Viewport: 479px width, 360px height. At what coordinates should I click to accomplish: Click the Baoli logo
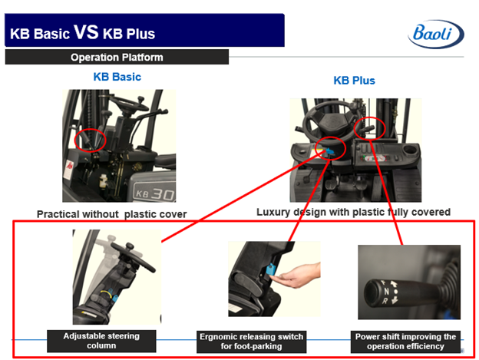click(x=436, y=34)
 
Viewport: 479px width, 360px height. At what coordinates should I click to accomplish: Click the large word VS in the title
click(x=86, y=31)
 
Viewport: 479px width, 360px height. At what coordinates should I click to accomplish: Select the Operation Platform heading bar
click(x=117, y=57)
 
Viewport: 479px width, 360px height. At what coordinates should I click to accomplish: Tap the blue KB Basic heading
click(x=117, y=77)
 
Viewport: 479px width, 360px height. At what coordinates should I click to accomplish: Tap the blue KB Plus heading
click(x=354, y=81)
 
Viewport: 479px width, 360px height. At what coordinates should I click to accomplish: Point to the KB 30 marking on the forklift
click(x=155, y=193)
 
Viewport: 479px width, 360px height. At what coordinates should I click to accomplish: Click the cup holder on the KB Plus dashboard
click(x=410, y=150)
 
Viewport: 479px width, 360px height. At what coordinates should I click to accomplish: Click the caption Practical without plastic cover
click(x=112, y=214)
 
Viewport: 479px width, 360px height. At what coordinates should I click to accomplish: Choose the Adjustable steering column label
click(x=101, y=341)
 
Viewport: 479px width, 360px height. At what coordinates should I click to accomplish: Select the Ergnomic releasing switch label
click(x=251, y=342)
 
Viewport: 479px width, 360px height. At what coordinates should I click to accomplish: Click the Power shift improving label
click(x=405, y=342)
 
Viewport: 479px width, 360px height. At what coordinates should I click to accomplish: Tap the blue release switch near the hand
click(x=271, y=269)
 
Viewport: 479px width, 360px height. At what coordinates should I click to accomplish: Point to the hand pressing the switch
click(x=296, y=276)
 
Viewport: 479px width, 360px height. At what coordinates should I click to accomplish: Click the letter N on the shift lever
click(x=386, y=291)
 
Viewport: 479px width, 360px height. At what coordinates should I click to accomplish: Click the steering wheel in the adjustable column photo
click(x=134, y=256)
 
